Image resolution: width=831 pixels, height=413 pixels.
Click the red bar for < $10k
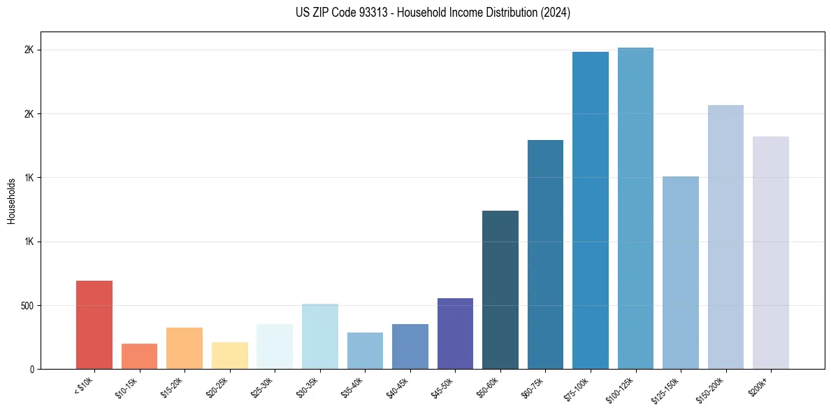[x=94, y=325]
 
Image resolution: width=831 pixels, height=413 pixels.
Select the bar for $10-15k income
[x=139, y=356]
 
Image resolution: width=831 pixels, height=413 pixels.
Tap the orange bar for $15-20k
[x=185, y=348]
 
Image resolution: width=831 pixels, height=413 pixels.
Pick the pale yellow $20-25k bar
[x=230, y=356]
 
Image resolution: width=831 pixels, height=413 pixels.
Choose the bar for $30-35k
[x=320, y=336]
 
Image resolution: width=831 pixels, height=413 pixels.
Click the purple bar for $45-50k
[x=455, y=333]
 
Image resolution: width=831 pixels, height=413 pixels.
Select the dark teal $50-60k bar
[x=500, y=290]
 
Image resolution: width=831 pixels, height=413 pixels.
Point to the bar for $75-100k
[x=591, y=210]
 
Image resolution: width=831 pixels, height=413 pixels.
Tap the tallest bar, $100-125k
[x=635, y=208]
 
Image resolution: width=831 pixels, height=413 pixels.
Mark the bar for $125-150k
[x=681, y=272]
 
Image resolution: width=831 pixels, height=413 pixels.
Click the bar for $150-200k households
[x=725, y=237]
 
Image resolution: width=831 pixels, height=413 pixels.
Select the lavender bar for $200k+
[x=771, y=253]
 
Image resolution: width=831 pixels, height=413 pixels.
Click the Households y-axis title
[x=12, y=201]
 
